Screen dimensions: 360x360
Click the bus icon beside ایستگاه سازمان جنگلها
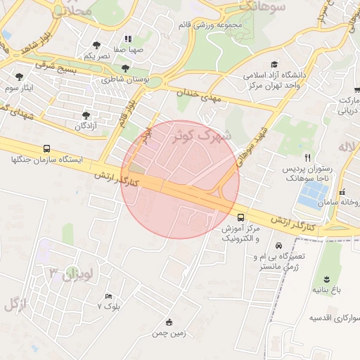[x=46, y=149]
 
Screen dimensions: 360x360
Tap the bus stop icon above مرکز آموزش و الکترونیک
[x=241, y=217]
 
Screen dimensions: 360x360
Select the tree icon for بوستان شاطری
[x=125, y=69]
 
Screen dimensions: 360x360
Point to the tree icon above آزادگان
[x=86, y=115]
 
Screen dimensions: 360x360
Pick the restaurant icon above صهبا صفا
[x=127, y=39]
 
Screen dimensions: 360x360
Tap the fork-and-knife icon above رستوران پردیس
[x=307, y=157]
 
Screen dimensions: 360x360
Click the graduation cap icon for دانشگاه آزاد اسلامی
[x=274, y=64]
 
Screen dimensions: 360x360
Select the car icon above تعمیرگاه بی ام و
[x=279, y=246]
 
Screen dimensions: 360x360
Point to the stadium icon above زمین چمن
[x=168, y=323]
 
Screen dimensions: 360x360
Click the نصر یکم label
[x=96, y=55]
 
